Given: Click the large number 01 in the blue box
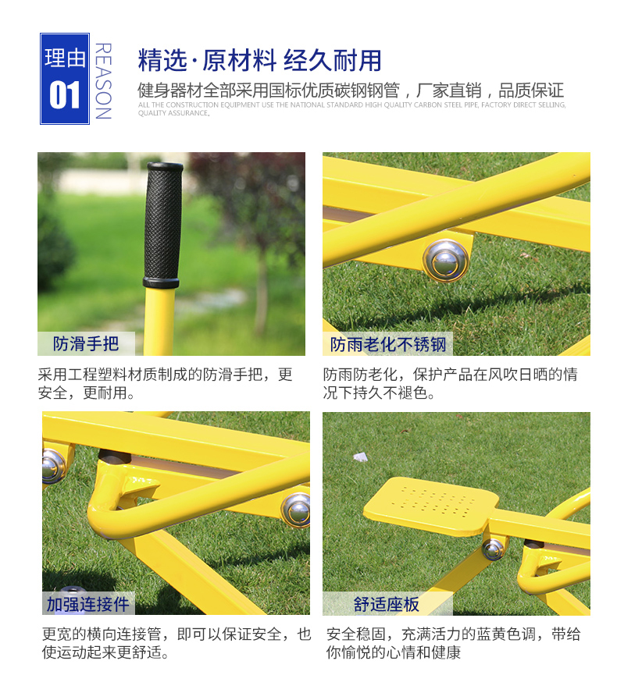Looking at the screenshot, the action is [65, 95].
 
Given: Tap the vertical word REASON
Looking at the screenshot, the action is [103, 80].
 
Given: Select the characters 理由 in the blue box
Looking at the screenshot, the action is [65, 58].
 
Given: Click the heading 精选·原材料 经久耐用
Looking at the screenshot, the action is [260, 60].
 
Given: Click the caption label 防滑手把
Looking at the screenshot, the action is [86, 343].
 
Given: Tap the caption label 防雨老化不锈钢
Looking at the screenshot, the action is [388, 344].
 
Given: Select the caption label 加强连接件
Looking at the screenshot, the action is [88, 604].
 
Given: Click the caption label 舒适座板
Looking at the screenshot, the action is [386, 604].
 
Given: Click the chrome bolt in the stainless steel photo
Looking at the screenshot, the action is [446, 261].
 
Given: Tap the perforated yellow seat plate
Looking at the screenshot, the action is [431, 506].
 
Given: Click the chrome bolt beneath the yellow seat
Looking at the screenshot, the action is [493, 549].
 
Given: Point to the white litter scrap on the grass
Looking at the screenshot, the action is [361, 457].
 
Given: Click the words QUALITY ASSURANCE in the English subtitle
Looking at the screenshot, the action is [173, 113].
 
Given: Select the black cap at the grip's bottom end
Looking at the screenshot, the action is [161, 282].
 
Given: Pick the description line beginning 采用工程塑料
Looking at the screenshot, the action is [166, 374].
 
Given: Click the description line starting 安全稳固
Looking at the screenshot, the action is [453, 634].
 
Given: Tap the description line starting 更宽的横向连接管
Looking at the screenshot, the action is [177, 634].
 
